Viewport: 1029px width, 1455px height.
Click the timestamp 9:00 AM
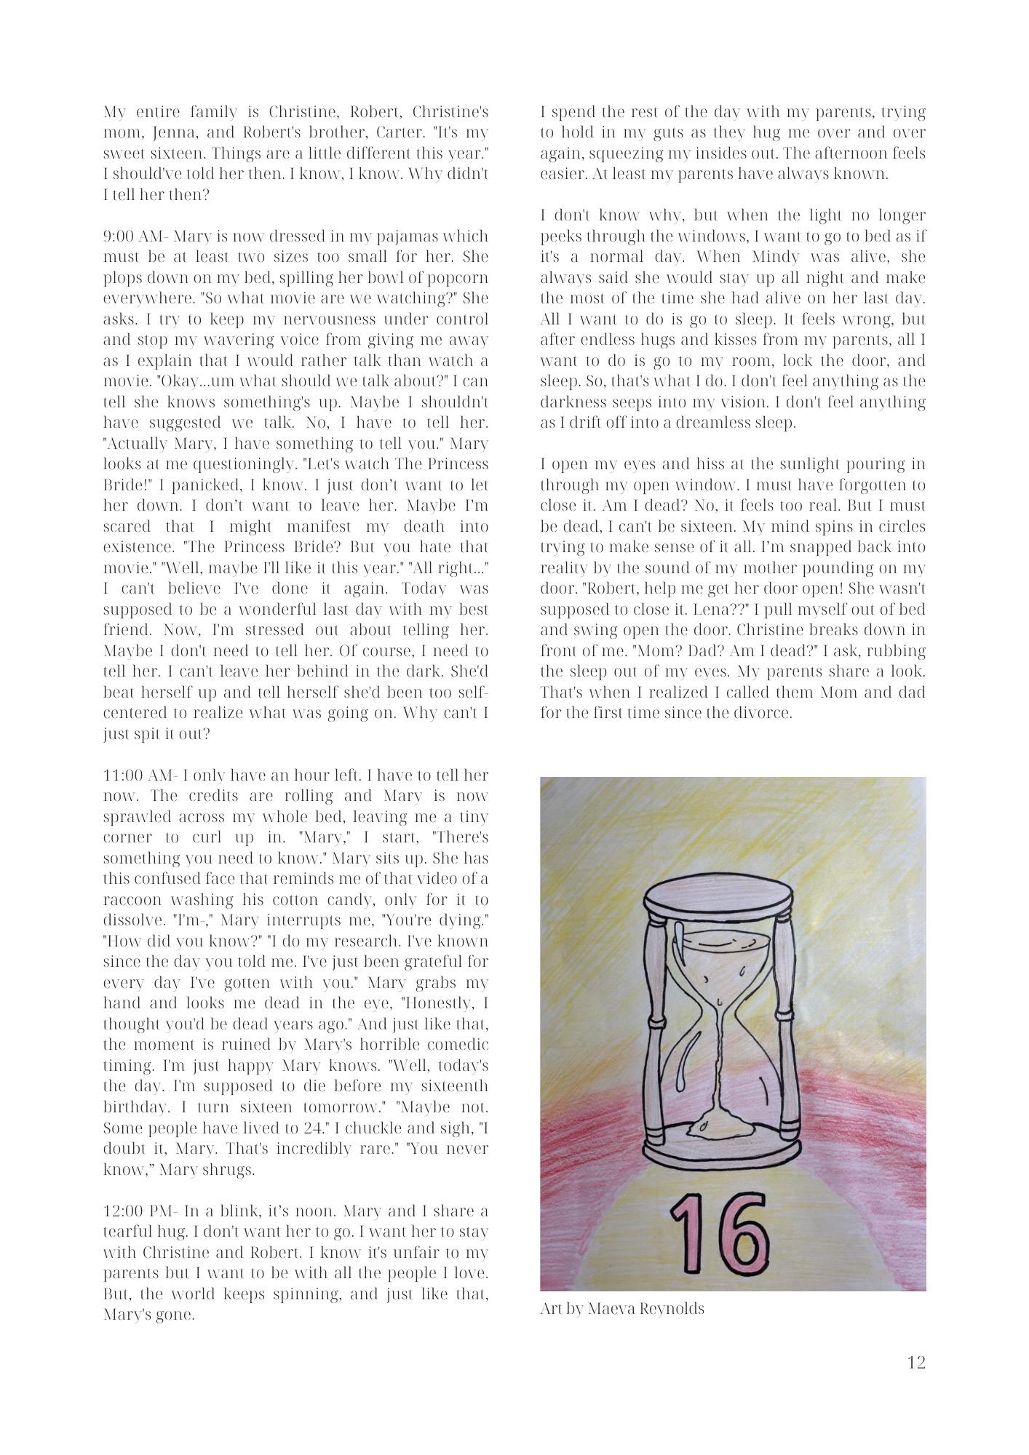tap(135, 237)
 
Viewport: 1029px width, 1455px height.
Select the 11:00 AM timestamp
tap(138, 776)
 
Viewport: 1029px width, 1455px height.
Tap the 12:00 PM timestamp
tap(138, 1211)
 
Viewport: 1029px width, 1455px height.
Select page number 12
tap(916, 1363)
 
